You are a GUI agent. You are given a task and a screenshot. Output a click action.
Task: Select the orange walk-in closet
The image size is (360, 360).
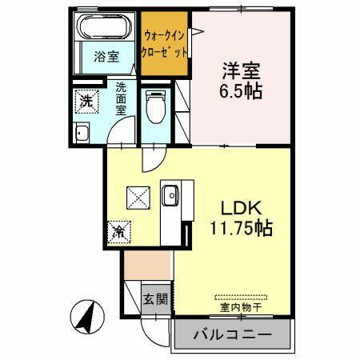pos(166,44)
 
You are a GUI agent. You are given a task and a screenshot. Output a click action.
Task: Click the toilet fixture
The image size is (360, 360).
pos(154,106)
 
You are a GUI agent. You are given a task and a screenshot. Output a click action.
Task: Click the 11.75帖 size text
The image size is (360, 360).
pos(239,227)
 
